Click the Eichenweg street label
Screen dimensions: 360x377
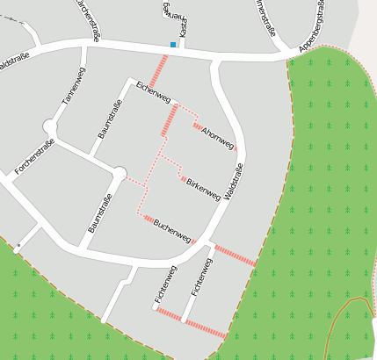tap(152, 92)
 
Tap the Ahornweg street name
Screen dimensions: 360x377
tap(217, 137)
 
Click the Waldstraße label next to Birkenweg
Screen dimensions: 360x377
tap(234, 178)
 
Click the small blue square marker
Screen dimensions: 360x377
tap(172, 45)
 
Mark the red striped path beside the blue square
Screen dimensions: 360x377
tap(159, 69)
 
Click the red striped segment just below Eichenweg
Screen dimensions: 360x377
tap(169, 119)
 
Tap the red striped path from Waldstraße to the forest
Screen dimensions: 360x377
tap(236, 256)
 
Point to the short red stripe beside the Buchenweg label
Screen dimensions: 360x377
tap(149, 219)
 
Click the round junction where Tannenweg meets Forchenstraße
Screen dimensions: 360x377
tap(49, 128)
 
